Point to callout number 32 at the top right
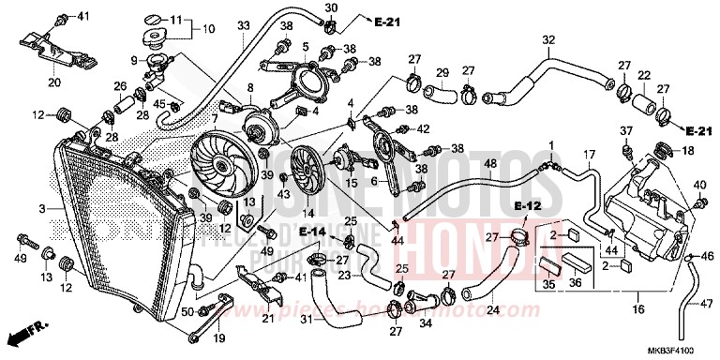point(548,39)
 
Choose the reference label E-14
point(314,230)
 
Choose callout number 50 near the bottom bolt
point(187,311)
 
